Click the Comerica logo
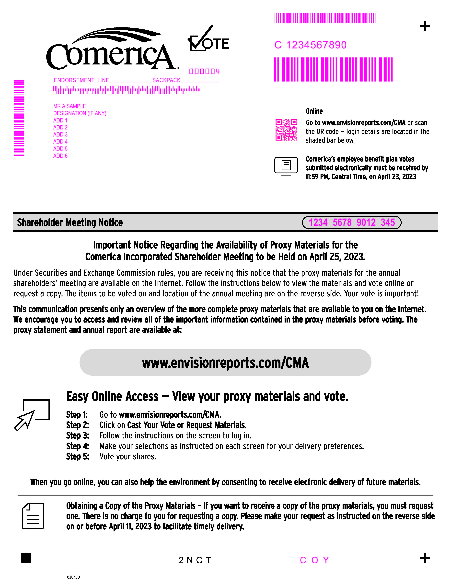coord(111,50)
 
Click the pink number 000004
coord(204,72)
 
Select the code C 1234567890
coord(311,45)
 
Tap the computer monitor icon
coord(286,166)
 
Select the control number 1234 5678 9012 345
coord(352,223)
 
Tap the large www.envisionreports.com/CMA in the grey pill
coord(225,363)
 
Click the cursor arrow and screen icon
coord(32,414)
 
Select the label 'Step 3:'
coord(78,436)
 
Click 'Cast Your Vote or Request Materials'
coord(186,425)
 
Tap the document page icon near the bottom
coord(33,516)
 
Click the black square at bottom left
coord(26,558)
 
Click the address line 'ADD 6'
coord(60,156)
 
